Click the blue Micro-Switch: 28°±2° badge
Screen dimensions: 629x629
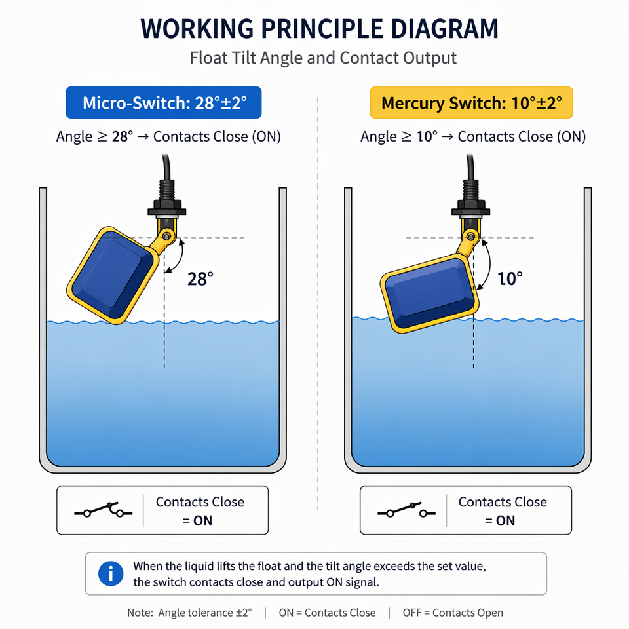point(164,103)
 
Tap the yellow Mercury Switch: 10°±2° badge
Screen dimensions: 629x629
point(471,103)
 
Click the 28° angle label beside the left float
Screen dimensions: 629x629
point(200,279)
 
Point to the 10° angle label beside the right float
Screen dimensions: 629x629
point(510,278)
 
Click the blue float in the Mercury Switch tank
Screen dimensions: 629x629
point(430,294)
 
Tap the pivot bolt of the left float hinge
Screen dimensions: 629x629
point(166,236)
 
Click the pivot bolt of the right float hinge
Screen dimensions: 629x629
point(470,237)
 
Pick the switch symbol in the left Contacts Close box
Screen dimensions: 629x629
point(103,510)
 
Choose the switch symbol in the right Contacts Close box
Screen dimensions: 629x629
point(406,510)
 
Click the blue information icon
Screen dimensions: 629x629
point(111,573)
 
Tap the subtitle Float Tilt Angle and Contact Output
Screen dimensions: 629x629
point(323,58)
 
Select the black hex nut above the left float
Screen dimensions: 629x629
point(166,211)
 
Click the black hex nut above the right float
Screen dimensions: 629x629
point(470,211)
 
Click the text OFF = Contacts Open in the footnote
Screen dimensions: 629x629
point(453,613)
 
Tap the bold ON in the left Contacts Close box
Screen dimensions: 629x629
point(202,521)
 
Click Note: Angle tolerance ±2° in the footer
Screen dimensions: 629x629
point(190,613)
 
